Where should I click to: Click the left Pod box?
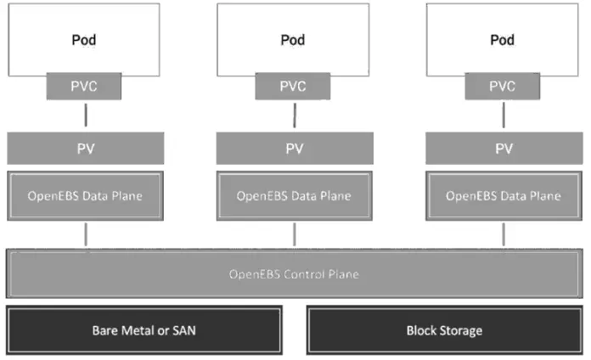coord(85,39)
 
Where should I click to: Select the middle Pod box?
coord(294,39)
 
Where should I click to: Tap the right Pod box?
coord(503,39)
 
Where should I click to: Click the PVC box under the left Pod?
coord(85,86)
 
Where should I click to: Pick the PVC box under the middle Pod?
coord(294,86)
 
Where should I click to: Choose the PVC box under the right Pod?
coord(503,86)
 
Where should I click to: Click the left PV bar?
coord(85,149)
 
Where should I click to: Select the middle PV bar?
coord(294,149)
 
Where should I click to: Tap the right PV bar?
coord(503,149)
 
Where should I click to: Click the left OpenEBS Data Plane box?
coord(85,196)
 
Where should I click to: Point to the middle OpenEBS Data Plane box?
coord(294,196)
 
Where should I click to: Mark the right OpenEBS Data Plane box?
coord(503,196)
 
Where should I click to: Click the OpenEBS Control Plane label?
coord(294,274)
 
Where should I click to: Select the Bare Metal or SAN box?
coord(144,330)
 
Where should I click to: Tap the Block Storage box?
coord(444,330)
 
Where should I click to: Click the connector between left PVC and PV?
coord(85,116)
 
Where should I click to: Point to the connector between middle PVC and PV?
coord(294,116)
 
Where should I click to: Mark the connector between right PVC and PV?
coord(503,116)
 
